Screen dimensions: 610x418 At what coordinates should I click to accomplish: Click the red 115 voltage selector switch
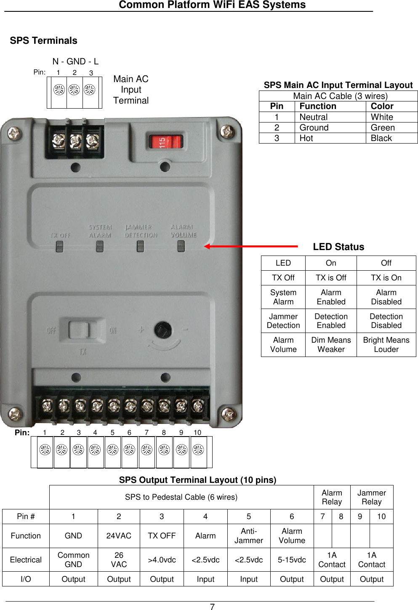pos(165,142)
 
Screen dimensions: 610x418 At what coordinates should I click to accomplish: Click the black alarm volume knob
pos(162,330)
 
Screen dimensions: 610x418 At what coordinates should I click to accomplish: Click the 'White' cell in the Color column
pos(382,117)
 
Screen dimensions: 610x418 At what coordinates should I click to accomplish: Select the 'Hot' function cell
pos(306,138)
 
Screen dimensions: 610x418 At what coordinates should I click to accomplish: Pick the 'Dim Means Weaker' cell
pos(331,345)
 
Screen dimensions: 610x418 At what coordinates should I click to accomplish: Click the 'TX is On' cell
pos(386,278)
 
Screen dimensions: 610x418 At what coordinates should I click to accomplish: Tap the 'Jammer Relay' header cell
pos(371,497)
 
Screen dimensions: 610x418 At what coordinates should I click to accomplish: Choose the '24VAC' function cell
pos(119,536)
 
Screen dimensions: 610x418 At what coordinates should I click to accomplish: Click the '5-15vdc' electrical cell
pos(292,560)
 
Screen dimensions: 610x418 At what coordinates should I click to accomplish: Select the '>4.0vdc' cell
pos(162,560)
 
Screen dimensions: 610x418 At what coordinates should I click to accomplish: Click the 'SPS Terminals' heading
pos(44,41)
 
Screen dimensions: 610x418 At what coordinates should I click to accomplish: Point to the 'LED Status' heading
pos(338,247)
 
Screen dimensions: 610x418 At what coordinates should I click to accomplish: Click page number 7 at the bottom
pos(212,607)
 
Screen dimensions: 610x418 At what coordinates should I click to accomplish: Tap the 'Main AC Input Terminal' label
pos(131,90)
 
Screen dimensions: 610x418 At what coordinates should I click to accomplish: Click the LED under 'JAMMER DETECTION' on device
pos(141,246)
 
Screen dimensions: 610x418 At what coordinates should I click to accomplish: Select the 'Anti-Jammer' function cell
pos(248,536)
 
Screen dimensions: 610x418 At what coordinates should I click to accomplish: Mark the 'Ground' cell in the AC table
pos(314,128)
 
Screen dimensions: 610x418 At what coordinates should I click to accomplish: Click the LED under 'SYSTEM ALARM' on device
pos(100,246)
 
